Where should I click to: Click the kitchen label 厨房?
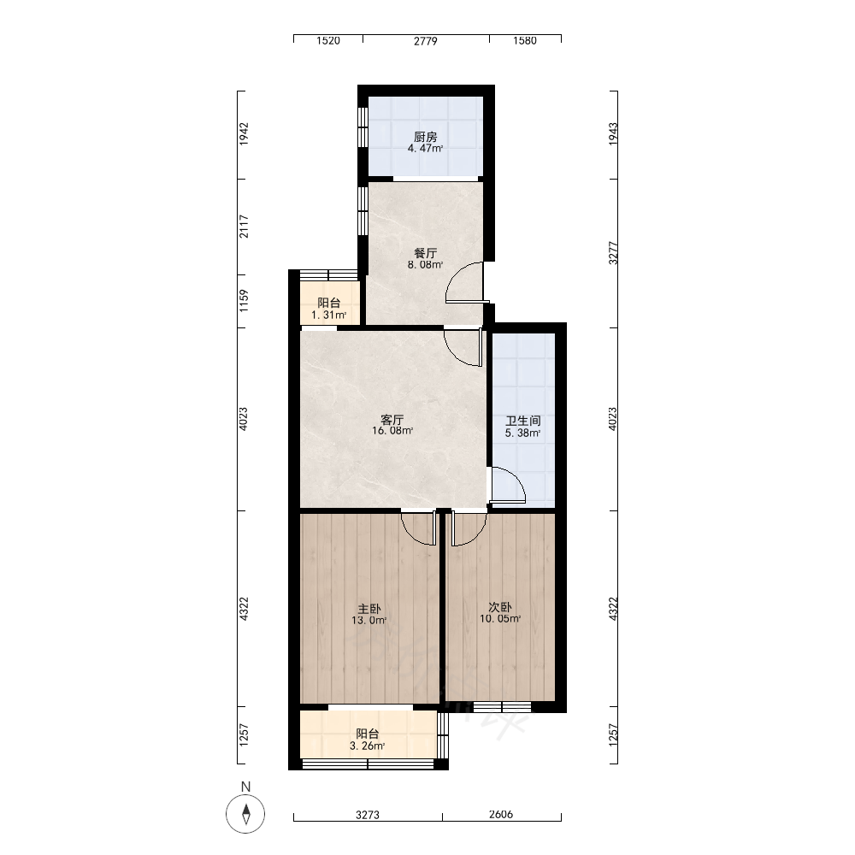(425, 137)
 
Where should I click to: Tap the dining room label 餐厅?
(425, 254)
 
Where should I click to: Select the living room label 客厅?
(392, 420)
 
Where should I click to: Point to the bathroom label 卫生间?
(523, 421)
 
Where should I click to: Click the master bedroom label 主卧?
(369, 609)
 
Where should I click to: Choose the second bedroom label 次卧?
(500, 607)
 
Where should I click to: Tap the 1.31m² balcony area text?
(329, 315)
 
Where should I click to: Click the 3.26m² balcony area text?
(368, 746)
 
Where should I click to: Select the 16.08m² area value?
(392, 431)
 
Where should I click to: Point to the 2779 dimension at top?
(425, 41)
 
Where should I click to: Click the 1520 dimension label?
(328, 41)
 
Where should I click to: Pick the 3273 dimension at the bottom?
(368, 815)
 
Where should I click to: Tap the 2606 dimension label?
(501, 815)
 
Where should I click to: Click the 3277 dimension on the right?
(613, 254)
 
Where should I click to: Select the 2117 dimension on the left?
(244, 227)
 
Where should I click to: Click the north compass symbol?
(245, 814)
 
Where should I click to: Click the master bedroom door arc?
(412, 534)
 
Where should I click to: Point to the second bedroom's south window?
(502, 707)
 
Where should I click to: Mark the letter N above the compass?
(246, 787)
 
